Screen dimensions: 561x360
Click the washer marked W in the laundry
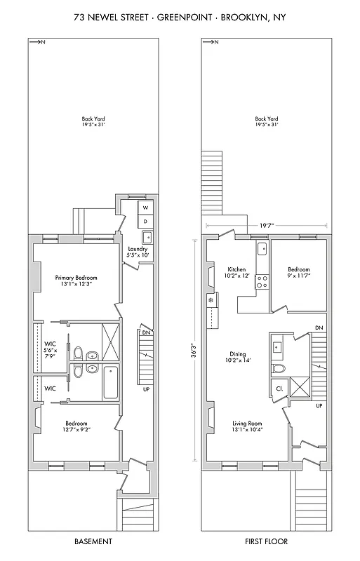coord(145,208)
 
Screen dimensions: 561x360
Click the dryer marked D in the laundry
coord(145,221)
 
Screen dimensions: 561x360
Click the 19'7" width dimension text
coord(267,225)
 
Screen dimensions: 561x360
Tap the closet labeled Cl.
coord(279,388)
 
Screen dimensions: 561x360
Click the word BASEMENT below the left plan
coord(93,541)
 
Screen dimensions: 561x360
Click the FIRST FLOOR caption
coord(266,541)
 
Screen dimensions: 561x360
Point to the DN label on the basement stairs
coord(147,333)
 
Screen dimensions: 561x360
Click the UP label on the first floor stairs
coord(319,405)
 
